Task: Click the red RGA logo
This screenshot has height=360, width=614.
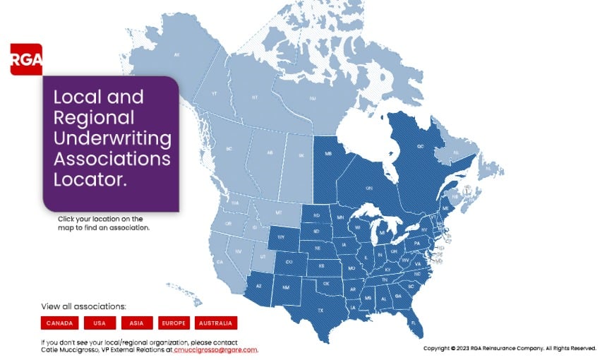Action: [26, 59]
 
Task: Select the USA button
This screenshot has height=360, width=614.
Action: [100, 323]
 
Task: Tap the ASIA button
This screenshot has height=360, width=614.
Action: [137, 323]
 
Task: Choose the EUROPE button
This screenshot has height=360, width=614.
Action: [174, 323]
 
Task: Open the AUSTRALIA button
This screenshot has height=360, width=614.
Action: [215, 323]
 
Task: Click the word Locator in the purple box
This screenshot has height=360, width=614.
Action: [90, 179]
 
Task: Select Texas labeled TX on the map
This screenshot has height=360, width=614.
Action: [320, 310]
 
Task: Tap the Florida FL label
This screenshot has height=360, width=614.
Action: [412, 322]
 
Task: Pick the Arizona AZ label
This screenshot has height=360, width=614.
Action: [258, 286]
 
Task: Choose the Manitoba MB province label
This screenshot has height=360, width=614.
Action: [328, 153]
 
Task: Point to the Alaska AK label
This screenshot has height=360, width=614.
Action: [177, 54]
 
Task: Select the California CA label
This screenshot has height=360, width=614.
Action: [220, 262]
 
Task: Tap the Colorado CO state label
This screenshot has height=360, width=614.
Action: [288, 262]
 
